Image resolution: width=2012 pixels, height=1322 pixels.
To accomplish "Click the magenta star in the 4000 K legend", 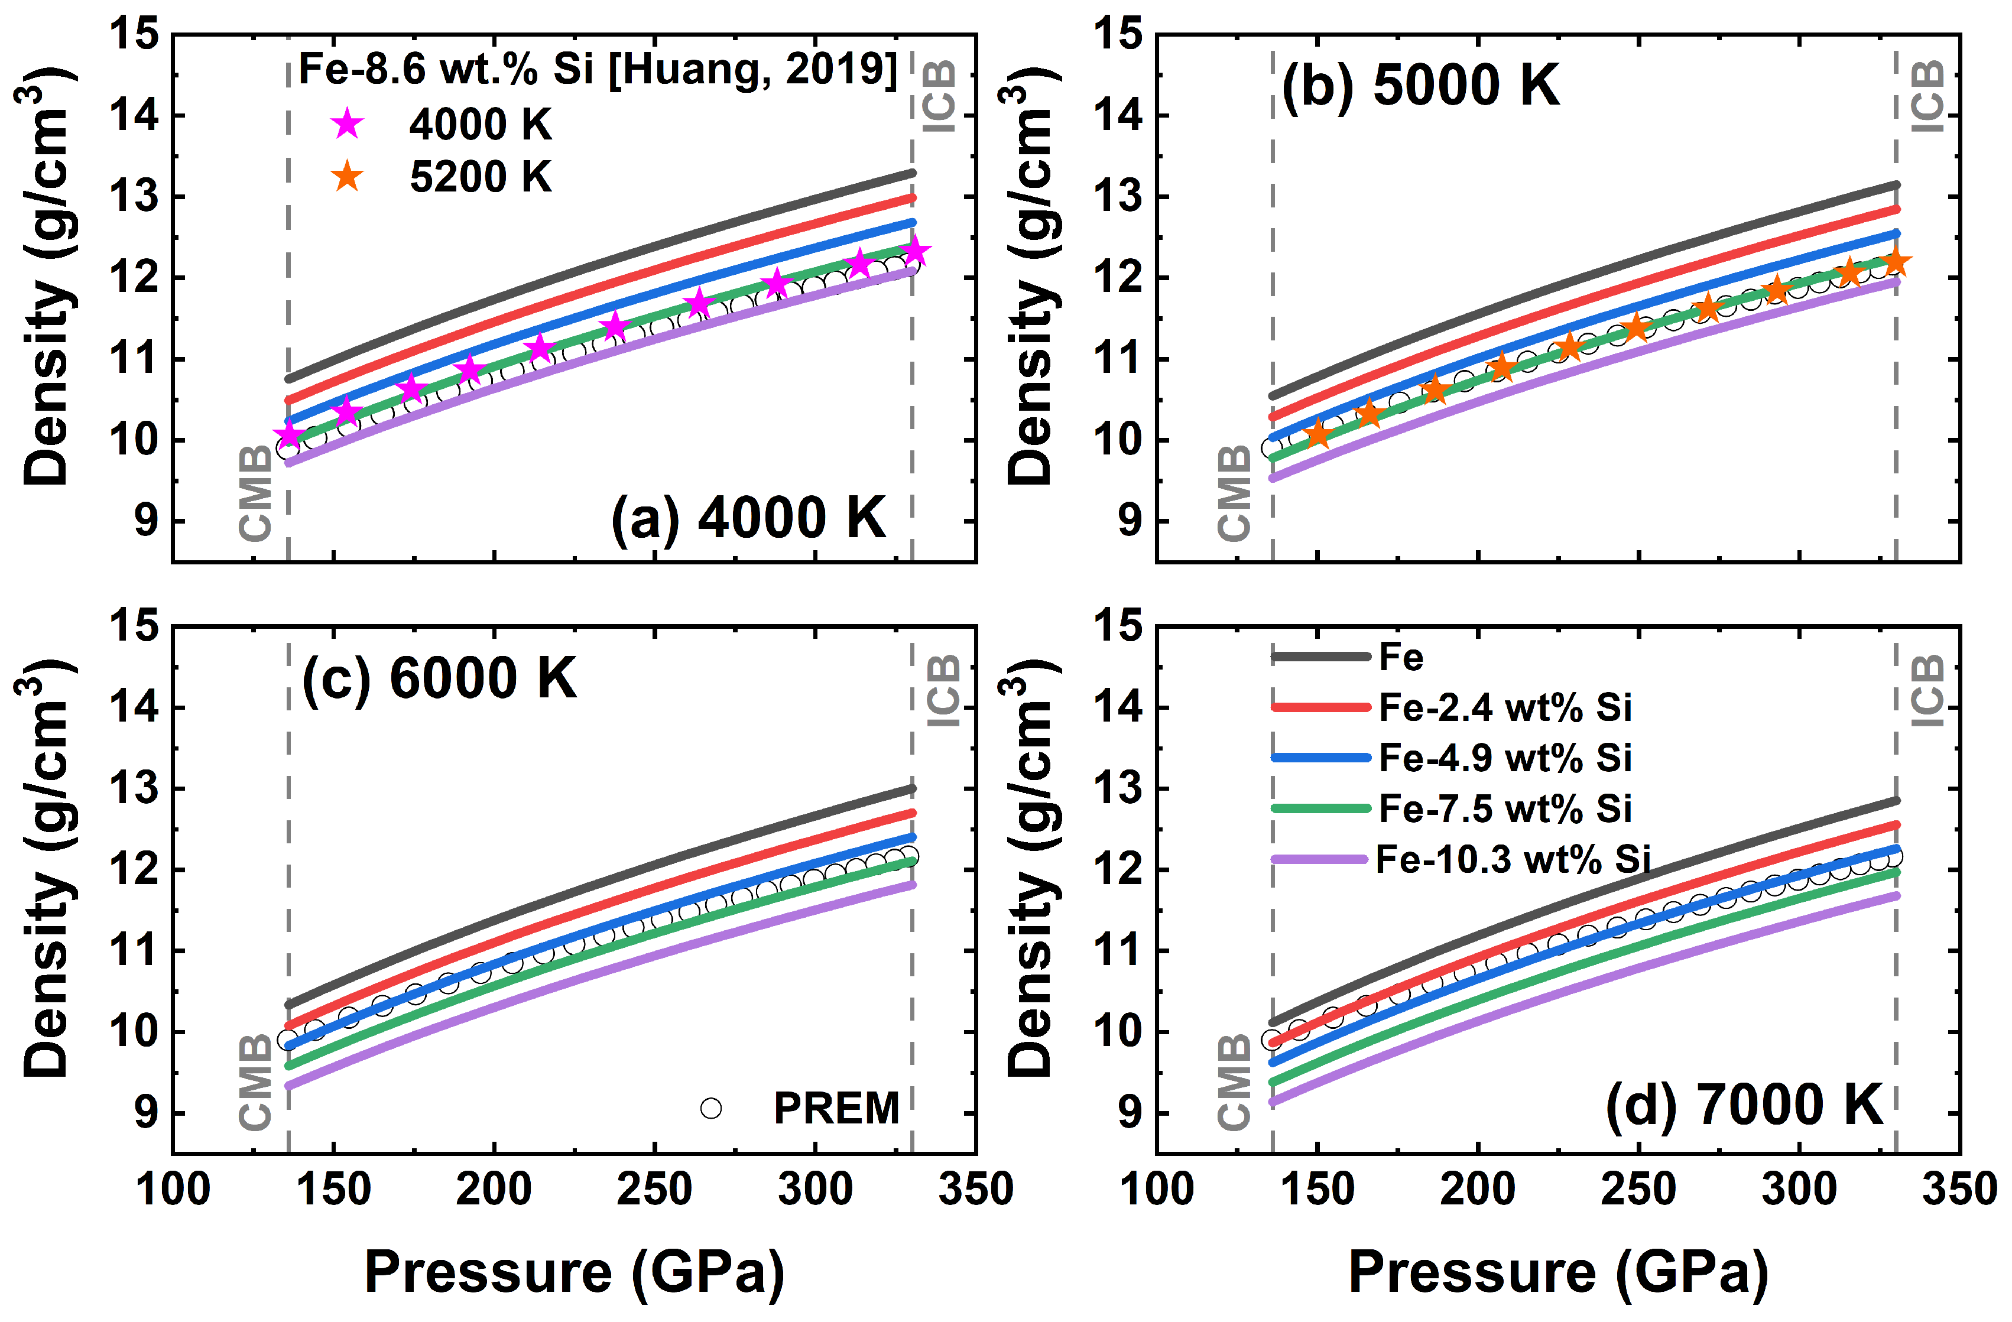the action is pos(346,124).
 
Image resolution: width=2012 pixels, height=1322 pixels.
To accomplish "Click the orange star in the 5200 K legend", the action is pos(346,177).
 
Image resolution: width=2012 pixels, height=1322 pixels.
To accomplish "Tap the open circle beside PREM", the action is pos(711,1108).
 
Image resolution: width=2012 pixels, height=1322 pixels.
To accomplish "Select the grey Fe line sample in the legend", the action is pos(1320,657).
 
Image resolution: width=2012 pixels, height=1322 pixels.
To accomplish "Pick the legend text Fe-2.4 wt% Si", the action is pos(1505,707).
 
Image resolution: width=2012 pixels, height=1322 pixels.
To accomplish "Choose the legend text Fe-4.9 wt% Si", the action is pos(1505,758).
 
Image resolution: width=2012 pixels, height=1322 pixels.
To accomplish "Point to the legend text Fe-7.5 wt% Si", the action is pos(1505,809).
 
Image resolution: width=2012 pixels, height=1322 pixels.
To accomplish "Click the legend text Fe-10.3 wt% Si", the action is pos(1513,860).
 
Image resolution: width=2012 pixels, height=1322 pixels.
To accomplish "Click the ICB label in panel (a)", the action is pos(939,96).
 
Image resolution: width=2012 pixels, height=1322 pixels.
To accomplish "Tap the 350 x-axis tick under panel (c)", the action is pos(976,1188).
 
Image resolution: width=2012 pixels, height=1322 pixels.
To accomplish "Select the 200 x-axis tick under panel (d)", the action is pos(1478,1188).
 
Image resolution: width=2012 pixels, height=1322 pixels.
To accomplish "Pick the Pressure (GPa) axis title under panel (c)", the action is pos(575,1273).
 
